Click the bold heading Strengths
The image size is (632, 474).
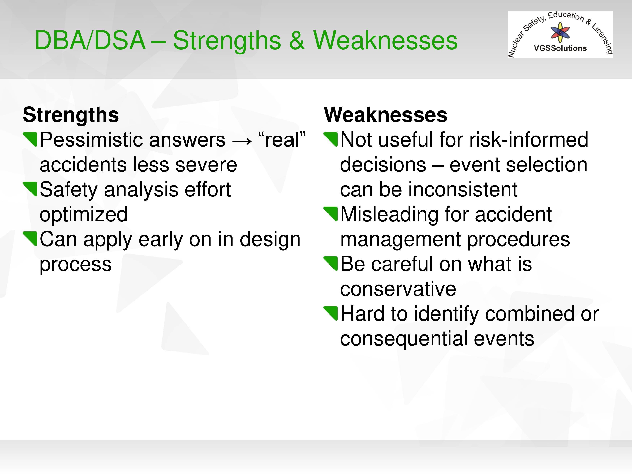(x=71, y=115)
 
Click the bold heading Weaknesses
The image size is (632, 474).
(x=385, y=115)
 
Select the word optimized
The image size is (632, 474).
(x=84, y=215)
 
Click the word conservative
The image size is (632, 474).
(x=398, y=289)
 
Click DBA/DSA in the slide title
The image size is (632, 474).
(x=90, y=40)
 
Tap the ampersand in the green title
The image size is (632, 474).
(x=297, y=41)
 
